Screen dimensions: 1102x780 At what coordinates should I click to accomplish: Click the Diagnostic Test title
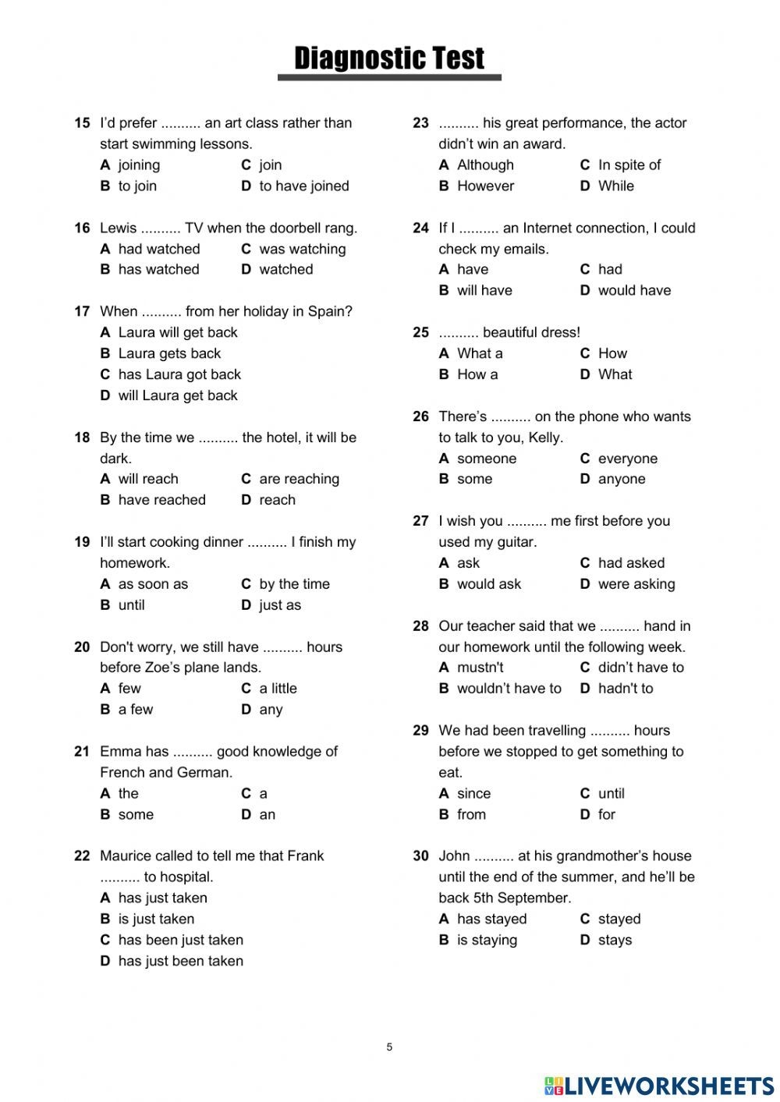click(x=389, y=58)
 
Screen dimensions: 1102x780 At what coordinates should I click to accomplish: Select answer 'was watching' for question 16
click(x=302, y=249)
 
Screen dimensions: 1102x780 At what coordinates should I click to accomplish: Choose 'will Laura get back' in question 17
click(x=178, y=395)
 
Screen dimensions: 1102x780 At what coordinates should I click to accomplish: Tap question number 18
click(x=82, y=438)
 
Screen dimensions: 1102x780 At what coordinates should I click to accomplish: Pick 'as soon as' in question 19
click(x=153, y=584)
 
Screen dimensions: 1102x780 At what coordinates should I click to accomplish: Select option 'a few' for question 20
click(x=136, y=710)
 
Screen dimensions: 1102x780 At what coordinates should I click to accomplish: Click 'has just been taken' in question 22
click(x=180, y=961)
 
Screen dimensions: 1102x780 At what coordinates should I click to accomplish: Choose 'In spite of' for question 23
click(x=629, y=165)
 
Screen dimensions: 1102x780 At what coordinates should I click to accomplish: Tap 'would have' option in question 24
click(x=634, y=290)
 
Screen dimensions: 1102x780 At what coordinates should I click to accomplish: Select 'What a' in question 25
click(x=480, y=353)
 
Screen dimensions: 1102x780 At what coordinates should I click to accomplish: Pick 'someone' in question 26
click(x=487, y=459)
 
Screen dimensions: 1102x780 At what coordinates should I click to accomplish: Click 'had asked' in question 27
click(x=631, y=563)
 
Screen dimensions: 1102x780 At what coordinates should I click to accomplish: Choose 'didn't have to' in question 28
click(x=640, y=668)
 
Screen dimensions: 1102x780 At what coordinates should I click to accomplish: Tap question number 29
click(x=421, y=731)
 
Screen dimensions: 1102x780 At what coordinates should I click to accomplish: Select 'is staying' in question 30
click(x=487, y=940)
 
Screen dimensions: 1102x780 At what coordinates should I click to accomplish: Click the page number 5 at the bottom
click(x=389, y=1047)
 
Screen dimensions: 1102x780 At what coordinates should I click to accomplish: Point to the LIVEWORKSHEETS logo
click(x=659, y=1086)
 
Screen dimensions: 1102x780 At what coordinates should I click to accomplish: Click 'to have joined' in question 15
click(x=303, y=186)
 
